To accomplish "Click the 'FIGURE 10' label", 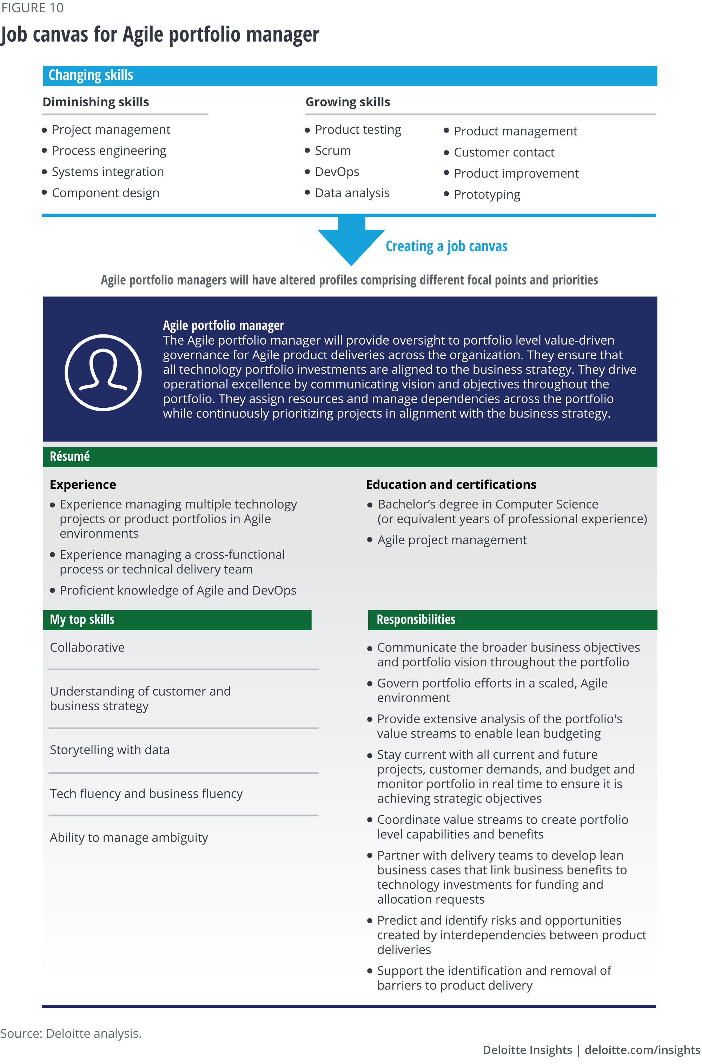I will coord(33,8).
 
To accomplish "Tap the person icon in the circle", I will coord(104,372).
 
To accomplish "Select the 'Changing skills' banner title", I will coord(91,75).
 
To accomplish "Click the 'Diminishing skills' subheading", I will coord(96,102).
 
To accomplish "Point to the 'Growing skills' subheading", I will coord(348,102).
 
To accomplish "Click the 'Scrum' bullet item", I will coord(333,151).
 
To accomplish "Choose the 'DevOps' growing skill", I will coord(337,172).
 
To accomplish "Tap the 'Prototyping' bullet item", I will coord(486,195).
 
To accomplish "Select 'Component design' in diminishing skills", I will coord(106,193).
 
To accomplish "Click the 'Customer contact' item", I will coord(504,153).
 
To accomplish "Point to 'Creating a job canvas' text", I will coord(446,246).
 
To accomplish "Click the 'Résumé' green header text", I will coord(70,457).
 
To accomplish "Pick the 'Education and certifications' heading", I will coord(451,485).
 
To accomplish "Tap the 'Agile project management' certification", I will coord(452,540).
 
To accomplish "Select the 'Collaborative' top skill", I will coord(87,648).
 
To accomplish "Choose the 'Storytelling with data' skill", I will coord(110,750).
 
